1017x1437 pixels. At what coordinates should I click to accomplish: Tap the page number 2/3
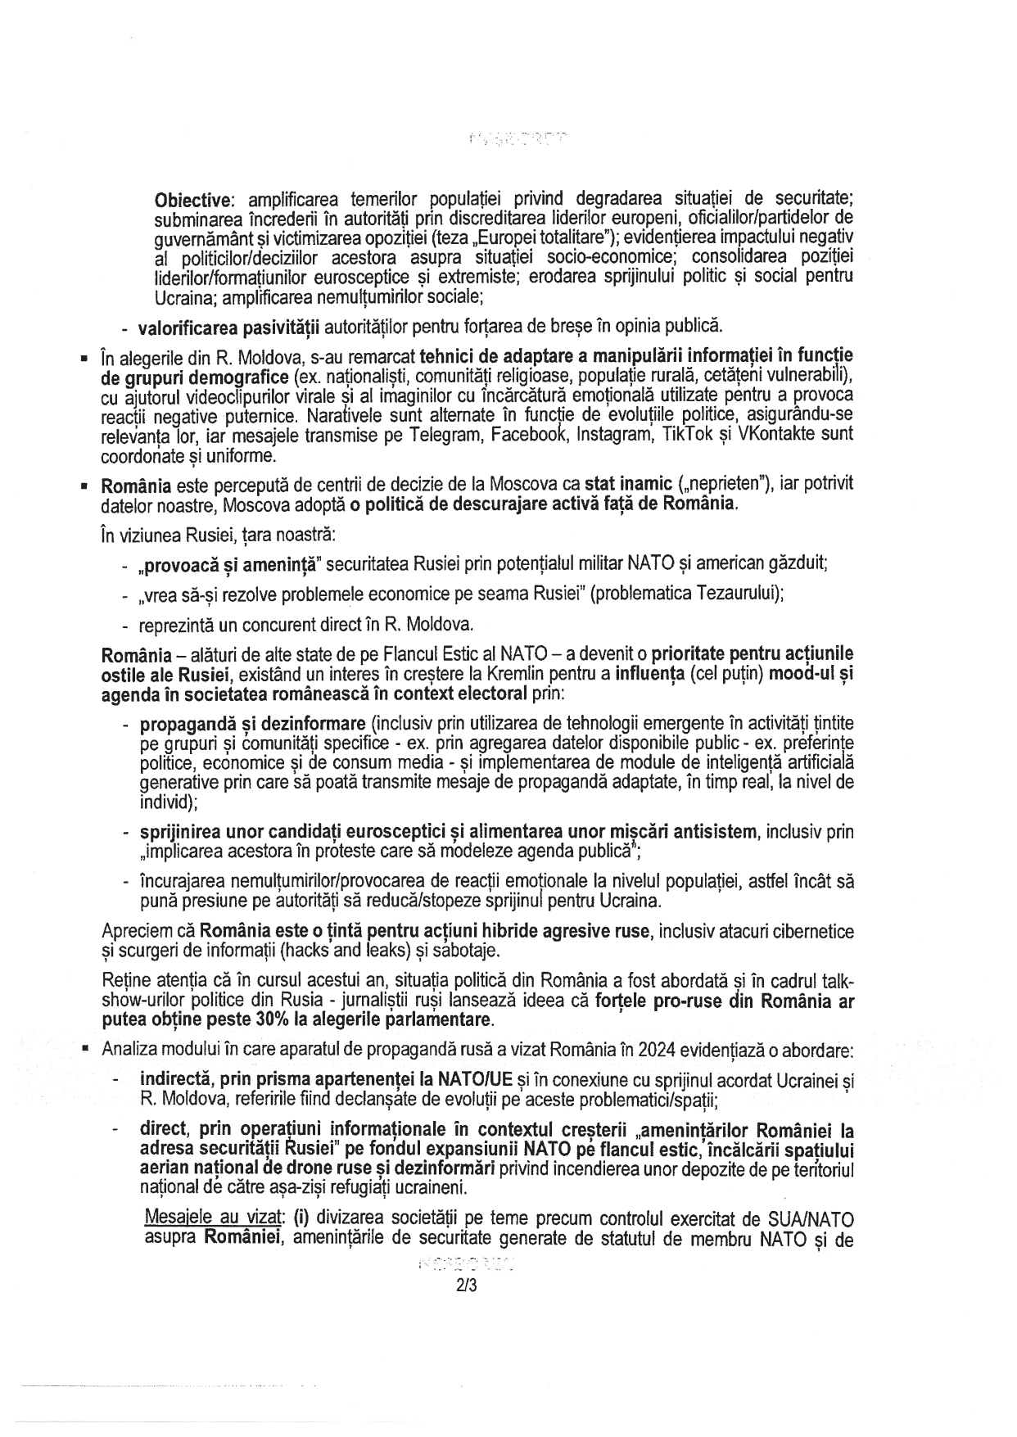[467, 1286]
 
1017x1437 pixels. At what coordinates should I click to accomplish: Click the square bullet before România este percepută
[85, 486]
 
